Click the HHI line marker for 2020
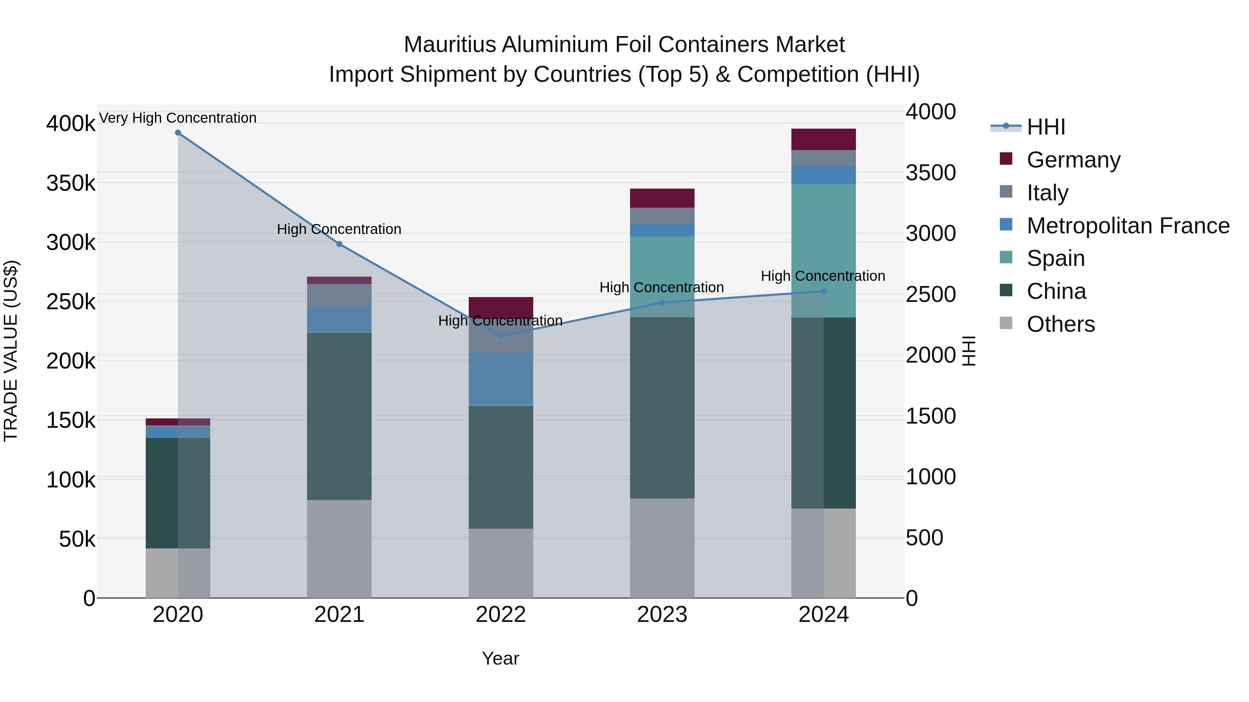(x=178, y=133)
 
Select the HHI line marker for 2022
(x=501, y=336)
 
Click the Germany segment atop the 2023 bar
(x=662, y=198)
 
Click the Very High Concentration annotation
(x=178, y=118)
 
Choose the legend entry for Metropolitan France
(x=1128, y=226)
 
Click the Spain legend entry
(x=1055, y=258)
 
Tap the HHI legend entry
(x=1046, y=127)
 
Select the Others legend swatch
(x=1006, y=323)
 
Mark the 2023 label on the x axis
(x=662, y=615)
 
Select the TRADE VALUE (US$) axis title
(x=11, y=351)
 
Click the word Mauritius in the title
(x=449, y=45)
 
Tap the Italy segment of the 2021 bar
(x=339, y=295)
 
